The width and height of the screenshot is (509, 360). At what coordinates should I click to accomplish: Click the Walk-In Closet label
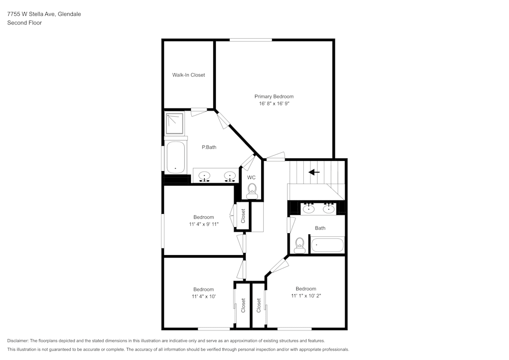tap(188, 75)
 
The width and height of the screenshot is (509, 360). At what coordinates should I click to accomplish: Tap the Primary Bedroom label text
tap(274, 97)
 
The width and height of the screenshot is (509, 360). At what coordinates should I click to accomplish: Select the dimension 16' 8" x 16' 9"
tap(274, 104)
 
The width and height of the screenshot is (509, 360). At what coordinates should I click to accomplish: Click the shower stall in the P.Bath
tap(175, 122)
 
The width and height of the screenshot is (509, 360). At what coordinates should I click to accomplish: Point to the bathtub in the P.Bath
tap(176, 157)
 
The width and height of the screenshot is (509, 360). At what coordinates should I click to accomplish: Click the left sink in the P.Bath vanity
tap(205, 176)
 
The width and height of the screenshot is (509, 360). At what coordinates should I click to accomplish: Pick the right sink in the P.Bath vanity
tap(230, 176)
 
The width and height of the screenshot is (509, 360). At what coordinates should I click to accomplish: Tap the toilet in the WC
tap(251, 191)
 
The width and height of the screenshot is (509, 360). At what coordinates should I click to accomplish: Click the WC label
tap(251, 178)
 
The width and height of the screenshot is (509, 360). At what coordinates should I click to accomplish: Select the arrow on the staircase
tap(314, 172)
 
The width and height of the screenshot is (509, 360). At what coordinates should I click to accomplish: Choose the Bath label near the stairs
tap(320, 228)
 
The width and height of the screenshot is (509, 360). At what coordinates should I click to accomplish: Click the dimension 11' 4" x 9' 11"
tap(204, 224)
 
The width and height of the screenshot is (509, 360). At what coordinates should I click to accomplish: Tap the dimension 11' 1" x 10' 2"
tap(306, 296)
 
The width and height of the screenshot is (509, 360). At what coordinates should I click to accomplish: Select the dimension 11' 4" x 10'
tap(204, 296)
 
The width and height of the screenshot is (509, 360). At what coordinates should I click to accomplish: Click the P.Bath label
tap(209, 148)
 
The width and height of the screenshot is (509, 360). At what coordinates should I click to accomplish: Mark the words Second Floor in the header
tap(24, 23)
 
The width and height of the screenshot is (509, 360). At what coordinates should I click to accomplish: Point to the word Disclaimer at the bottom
tap(18, 341)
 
